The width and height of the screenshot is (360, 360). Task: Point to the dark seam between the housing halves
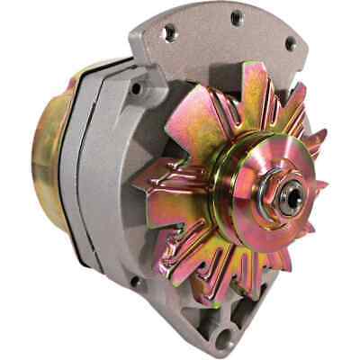(83, 180)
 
